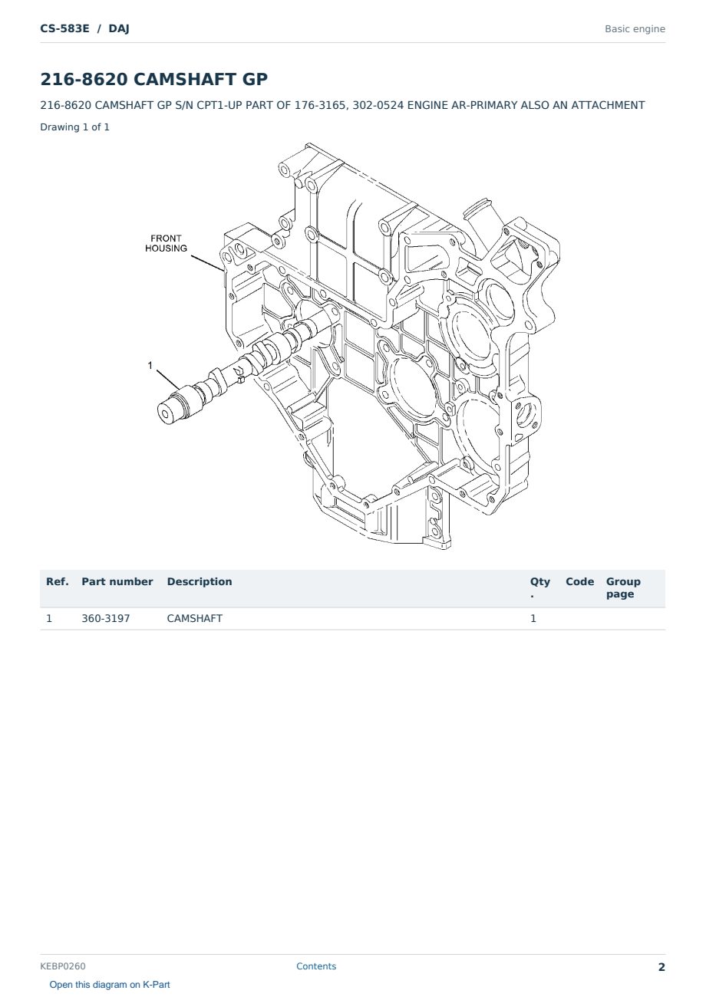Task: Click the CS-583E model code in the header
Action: tap(64, 28)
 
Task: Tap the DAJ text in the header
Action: tap(119, 29)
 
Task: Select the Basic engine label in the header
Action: tap(635, 29)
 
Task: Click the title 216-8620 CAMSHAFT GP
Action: tap(153, 79)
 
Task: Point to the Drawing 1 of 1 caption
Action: tap(75, 127)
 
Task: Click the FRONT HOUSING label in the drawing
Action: tap(166, 243)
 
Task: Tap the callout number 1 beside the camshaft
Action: tap(150, 365)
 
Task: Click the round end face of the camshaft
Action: tap(166, 414)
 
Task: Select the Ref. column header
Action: tap(58, 582)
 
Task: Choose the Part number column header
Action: tap(117, 582)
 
